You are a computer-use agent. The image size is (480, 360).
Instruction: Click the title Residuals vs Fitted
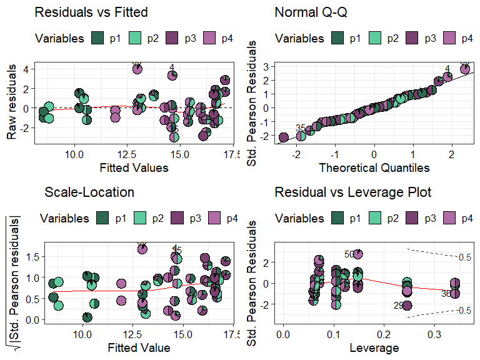[91, 12]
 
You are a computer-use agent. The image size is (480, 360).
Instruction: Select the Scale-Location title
[89, 192]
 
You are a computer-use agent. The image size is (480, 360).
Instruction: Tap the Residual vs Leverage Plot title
[352, 192]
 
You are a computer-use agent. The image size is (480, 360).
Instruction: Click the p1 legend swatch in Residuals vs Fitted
[99, 38]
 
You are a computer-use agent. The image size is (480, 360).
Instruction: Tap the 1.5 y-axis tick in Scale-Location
[35, 256]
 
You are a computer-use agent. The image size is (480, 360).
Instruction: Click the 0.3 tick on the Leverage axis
[435, 334]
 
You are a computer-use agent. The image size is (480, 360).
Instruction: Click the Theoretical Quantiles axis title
[374, 167]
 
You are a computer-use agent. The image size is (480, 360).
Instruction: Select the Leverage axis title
[374, 347]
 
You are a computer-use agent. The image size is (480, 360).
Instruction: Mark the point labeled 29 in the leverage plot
[407, 305]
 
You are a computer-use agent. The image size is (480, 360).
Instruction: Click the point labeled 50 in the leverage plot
[357, 253]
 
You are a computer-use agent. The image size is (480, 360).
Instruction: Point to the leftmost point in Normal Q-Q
[283, 137]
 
